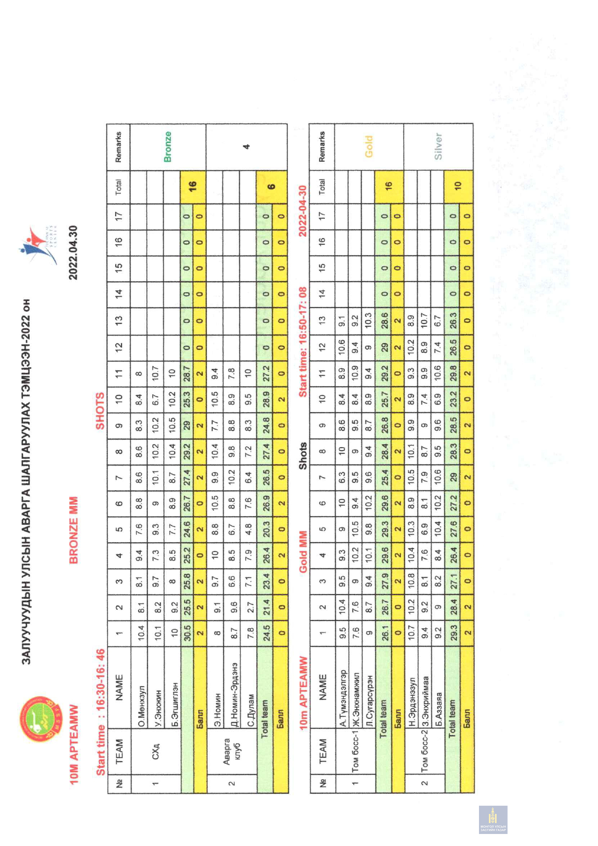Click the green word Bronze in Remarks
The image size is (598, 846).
pos(167,146)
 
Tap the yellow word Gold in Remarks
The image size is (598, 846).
pos(369,146)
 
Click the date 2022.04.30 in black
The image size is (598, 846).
pos(409,252)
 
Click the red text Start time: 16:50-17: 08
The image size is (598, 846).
pos(302,342)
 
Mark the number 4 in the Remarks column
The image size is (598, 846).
pos(246,146)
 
